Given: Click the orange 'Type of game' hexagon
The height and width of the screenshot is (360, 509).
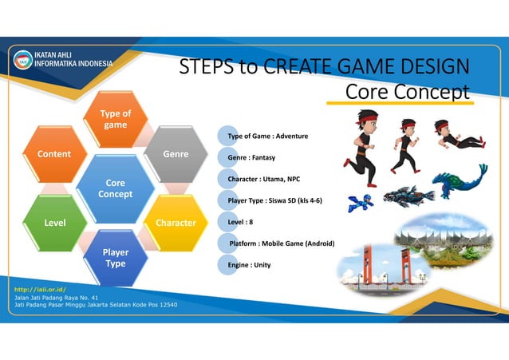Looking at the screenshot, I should [116, 120].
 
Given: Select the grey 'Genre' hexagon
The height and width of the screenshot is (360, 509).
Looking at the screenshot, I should [176, 153].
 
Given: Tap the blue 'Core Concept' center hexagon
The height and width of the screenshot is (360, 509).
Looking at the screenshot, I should [116, 188].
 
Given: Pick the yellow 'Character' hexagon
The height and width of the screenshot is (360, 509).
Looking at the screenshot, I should [176, 221].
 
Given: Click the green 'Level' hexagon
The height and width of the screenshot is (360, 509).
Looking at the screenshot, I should [55, 221].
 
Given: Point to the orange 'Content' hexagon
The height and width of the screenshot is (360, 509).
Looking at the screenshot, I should [55, 153].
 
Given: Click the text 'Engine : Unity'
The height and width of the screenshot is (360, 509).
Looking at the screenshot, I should [249, 264].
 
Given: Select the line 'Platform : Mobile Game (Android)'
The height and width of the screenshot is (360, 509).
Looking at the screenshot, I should [281, 243].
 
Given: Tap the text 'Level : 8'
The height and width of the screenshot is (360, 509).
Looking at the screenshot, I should [240, 221].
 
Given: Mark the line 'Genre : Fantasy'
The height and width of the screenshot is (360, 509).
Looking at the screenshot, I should [251, 158].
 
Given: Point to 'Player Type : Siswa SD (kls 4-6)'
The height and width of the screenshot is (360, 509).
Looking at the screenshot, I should [275, 200].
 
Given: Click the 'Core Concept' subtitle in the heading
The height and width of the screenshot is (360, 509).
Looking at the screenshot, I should [407, 92].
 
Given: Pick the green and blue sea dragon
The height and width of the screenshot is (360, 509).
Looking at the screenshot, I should [464, 182].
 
